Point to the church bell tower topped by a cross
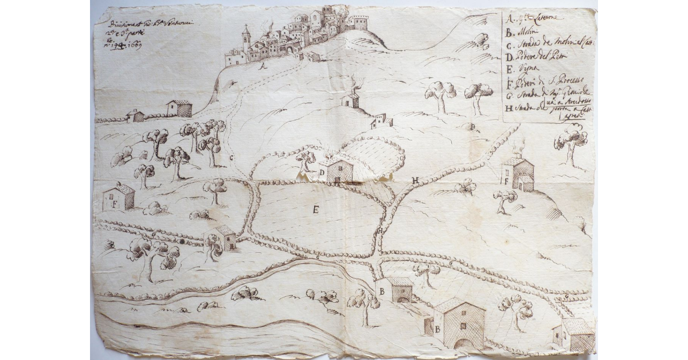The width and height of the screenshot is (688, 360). [x=246, y=37]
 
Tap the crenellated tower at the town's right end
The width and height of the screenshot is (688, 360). [x=359, y=22]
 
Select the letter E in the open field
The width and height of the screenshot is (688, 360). [x=315, y=209]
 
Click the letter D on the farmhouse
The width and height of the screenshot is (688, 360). [x=322, y=172]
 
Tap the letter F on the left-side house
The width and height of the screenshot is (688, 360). [x=115, y=204]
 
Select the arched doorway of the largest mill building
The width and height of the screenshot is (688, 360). [x=463, y=343]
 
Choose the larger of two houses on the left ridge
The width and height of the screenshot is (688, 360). [x=179, y=108]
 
